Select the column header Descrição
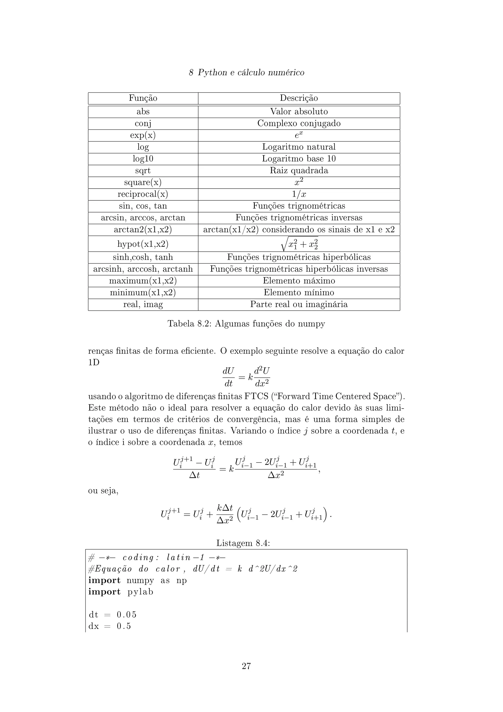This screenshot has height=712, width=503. tap(299, 98)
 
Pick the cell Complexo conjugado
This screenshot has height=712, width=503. tap(299, 123)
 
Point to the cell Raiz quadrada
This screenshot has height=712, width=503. tap(299, 171)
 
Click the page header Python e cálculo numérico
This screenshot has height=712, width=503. tap(246, 73)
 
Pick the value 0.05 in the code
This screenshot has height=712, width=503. tap(126, 615)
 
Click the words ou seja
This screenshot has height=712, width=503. tap(103, 491)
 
